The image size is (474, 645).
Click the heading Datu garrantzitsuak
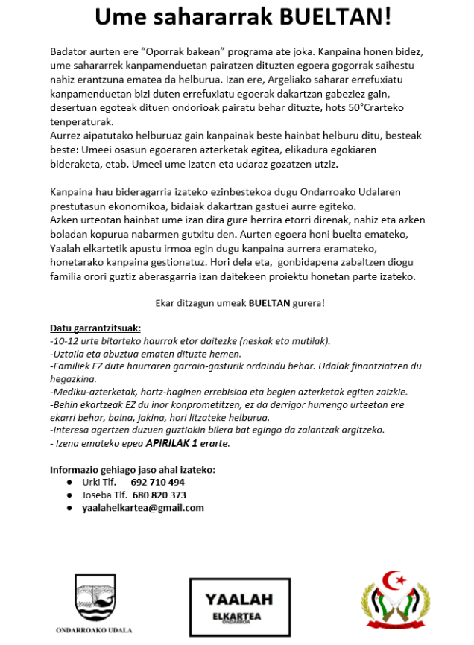coord(95,328)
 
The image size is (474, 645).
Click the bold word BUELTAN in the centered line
coord(269,304)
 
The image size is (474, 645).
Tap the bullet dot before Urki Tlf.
coord(69,482)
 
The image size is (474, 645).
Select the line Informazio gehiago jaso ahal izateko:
coord(133,469)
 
